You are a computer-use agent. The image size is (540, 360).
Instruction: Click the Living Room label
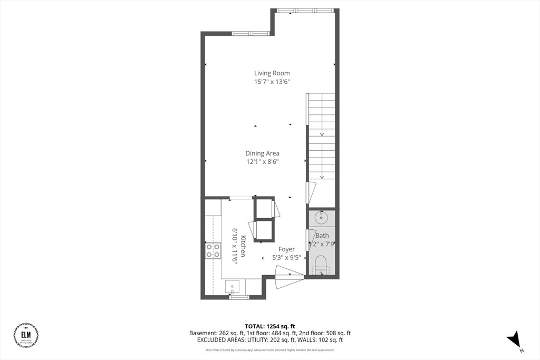pos(272,73)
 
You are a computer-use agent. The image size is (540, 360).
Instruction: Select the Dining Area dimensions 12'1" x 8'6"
pos(263,162)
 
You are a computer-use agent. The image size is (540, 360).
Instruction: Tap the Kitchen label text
pos(243,246)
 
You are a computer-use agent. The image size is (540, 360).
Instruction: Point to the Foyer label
pos(286,249)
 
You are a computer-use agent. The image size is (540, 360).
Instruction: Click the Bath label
pos(322,236)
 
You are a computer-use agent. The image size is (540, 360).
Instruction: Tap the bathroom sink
pos(321,217)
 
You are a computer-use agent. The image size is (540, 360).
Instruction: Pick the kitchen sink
pos(232,287)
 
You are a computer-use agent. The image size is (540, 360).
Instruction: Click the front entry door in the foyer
pos(289,277)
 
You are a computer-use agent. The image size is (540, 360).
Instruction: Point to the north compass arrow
pos(514,339)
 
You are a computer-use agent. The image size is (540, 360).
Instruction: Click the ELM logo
pos(25,336)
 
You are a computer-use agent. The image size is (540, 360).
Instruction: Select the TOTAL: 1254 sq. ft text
pos(269,326)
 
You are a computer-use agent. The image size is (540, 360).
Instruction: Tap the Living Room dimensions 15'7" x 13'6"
pos(272,82)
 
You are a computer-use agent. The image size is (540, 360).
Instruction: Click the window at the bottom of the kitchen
pos(239,297)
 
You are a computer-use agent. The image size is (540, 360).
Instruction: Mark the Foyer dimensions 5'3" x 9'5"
pos(286,258)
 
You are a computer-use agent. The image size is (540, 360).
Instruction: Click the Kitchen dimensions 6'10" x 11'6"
pos(234,246)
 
